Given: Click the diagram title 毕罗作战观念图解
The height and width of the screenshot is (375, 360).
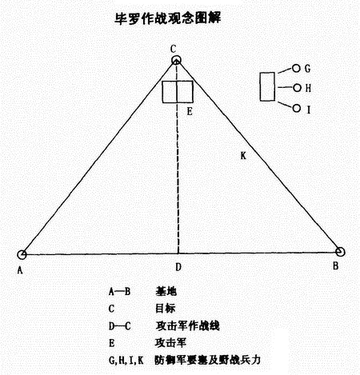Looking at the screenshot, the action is [x=167, y=18].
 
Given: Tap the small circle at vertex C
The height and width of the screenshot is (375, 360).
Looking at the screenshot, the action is [x=176, y=58].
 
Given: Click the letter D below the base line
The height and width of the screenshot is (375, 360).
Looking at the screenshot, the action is [x=178, y=267].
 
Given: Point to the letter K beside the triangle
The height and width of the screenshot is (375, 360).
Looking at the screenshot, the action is [x=243, y=156].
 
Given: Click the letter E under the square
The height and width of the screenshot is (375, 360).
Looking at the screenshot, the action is [x=190, y=111].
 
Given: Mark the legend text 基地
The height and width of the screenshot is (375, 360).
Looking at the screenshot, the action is [x=166, y=291].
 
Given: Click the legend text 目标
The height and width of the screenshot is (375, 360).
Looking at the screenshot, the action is [x=166, y=309].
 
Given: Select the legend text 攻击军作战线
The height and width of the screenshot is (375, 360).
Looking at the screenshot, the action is [x=187, y=325].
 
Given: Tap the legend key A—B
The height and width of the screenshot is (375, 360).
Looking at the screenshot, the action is [x=119, y=292].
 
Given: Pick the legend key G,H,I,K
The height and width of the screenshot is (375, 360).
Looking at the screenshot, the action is [x=126, y=361].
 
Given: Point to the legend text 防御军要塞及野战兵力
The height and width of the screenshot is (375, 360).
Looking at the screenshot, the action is [x=207, y=360].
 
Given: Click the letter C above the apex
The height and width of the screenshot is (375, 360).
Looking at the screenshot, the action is [x=174, y=49].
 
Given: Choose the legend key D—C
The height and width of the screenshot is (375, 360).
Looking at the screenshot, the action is [x=120, y=326].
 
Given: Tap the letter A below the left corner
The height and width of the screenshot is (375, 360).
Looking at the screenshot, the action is [x=20, y=270].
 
